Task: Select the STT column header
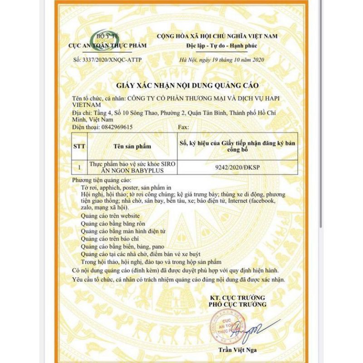tap(79, 147)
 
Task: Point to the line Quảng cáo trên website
tap(110, 216)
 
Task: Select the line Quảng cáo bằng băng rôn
tap(114, 223)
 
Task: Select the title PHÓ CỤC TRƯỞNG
tap(238, 304)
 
